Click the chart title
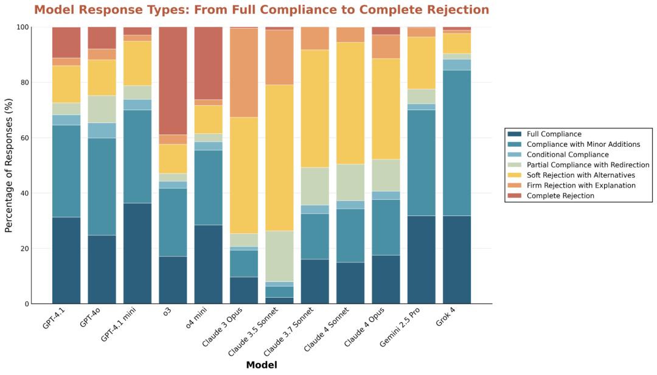tap(262, 10)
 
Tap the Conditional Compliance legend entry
tap(568, 155)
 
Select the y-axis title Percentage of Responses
tap(9, 166)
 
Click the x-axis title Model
tap(262, 365)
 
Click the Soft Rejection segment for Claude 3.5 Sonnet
tap(279, 158)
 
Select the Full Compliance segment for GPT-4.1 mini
tap(137, 253)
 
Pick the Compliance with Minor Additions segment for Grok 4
tap(457, 143)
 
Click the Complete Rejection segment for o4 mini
tap(208, 63)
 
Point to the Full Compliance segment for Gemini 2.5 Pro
tap(422, 259)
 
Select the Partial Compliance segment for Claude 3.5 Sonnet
tap(279, 256)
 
